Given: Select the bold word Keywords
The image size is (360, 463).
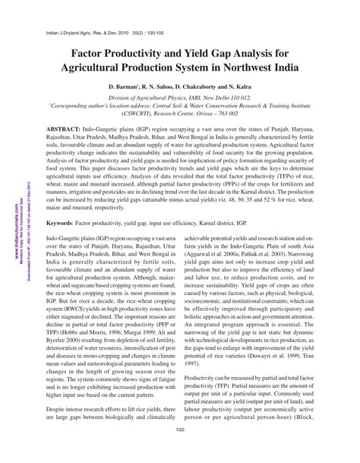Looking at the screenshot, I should coord(62,204).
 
